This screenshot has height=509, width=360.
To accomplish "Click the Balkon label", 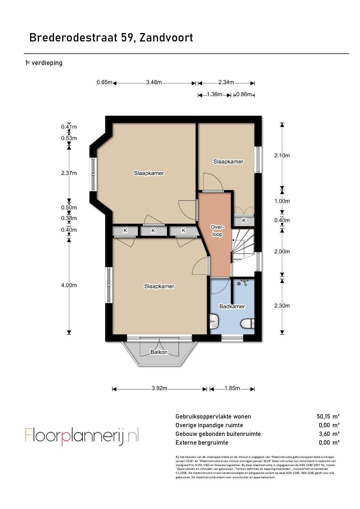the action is click(x=159, y=352).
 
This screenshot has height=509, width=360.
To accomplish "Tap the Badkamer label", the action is click(x=232, y=306).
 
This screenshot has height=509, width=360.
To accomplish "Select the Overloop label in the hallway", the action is click(x=217, y=231).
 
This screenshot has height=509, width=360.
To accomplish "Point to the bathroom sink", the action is click(x=214, y=321).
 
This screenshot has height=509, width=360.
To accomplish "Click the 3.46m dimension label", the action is click(x=154, y=82).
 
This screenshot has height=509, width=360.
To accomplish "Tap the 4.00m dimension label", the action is click(x=69, y=285).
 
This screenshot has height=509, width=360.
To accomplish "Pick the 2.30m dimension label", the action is click(x=282, y=305).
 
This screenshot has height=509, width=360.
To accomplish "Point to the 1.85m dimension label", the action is click(x=232, y=388).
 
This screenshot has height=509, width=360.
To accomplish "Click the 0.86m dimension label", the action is click(x=244, y=94).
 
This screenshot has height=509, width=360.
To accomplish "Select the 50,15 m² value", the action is click(x=328, y=416).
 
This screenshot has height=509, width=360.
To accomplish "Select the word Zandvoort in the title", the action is click(x=166, y=38).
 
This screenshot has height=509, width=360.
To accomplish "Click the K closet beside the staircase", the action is click(x=244, y=221).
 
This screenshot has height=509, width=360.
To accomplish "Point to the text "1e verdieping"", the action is click(x=44, y=63).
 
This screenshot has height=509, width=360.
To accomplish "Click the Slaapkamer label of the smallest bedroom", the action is click(x=228, y=162).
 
